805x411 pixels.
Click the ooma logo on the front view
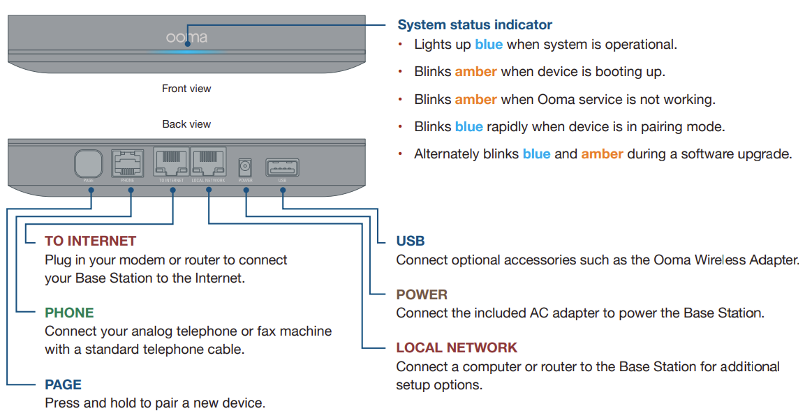(x=186, y=37)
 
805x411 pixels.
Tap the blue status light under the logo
(x=186, y=51)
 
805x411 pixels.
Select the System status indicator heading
(x=474, y=25)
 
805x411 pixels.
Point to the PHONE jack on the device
(x=127, y=163)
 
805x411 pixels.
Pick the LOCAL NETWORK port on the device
(x=209, y=163)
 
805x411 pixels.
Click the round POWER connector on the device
(x=245, y=167)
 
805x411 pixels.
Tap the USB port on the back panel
(x=282, y=167)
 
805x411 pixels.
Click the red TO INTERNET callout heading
(x=90, y=241)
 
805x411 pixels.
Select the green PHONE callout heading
(x=69, y=313)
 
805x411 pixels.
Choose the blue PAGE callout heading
(x=63, y=384)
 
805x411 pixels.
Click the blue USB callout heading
(x=411, y=241)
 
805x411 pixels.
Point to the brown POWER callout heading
(x=422, y=294)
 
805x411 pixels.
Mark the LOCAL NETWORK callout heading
(x=457, y=348)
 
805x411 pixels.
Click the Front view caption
(x=186, y=89)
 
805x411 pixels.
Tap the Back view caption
(x=186, y=124)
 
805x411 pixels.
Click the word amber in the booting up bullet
(x=475, y=71)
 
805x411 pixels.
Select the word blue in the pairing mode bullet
(x=468, y=127)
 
